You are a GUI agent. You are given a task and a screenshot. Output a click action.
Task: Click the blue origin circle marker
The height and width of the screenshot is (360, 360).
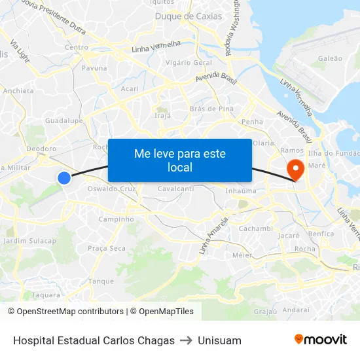64,177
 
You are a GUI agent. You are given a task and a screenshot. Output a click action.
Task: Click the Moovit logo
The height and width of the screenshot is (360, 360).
321,340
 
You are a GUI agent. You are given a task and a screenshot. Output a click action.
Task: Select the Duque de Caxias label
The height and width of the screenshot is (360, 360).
189,16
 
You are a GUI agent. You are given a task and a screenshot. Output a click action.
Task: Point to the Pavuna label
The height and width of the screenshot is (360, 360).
94,67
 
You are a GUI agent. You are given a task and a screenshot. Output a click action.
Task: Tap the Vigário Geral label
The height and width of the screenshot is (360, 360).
189,62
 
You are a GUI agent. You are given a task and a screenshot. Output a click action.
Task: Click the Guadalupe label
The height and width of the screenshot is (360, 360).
63,121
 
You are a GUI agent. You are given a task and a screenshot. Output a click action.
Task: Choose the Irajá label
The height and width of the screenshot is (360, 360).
162,115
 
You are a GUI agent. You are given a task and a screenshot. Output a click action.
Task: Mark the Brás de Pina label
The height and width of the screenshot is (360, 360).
211,109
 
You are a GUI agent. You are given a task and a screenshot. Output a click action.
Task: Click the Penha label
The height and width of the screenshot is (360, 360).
252,122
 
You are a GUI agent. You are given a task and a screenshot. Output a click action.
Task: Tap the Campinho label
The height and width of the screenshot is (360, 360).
116,219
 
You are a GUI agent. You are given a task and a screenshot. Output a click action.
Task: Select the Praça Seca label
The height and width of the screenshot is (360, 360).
107,248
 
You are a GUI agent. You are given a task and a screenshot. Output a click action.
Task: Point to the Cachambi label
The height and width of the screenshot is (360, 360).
255,228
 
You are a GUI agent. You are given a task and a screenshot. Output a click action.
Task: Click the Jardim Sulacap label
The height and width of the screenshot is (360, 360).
30,241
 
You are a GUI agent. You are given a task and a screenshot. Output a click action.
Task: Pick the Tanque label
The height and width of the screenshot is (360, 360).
101,281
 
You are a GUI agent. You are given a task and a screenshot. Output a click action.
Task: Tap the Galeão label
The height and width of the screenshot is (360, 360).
330,58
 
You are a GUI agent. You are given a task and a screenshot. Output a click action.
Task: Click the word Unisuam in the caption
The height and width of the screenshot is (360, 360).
219,340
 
